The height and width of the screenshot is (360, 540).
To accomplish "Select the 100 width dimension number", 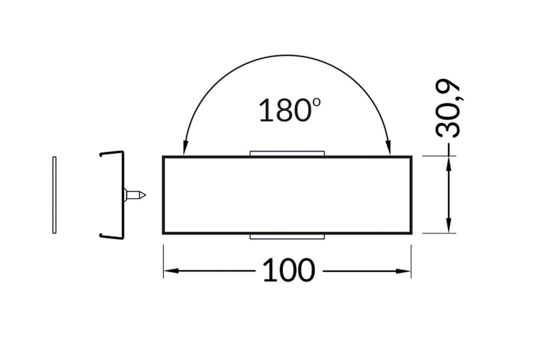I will point(288,271).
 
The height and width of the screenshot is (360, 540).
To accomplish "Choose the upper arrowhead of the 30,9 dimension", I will point(448,161).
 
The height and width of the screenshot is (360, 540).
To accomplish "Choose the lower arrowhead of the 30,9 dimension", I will point(448,229).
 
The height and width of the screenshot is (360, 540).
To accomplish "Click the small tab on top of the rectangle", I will point(287,154).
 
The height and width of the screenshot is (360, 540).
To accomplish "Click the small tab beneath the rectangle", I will point(287,237).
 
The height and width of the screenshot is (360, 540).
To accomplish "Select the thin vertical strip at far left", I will point(54,195).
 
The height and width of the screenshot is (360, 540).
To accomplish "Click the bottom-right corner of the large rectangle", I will point(411,233).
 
